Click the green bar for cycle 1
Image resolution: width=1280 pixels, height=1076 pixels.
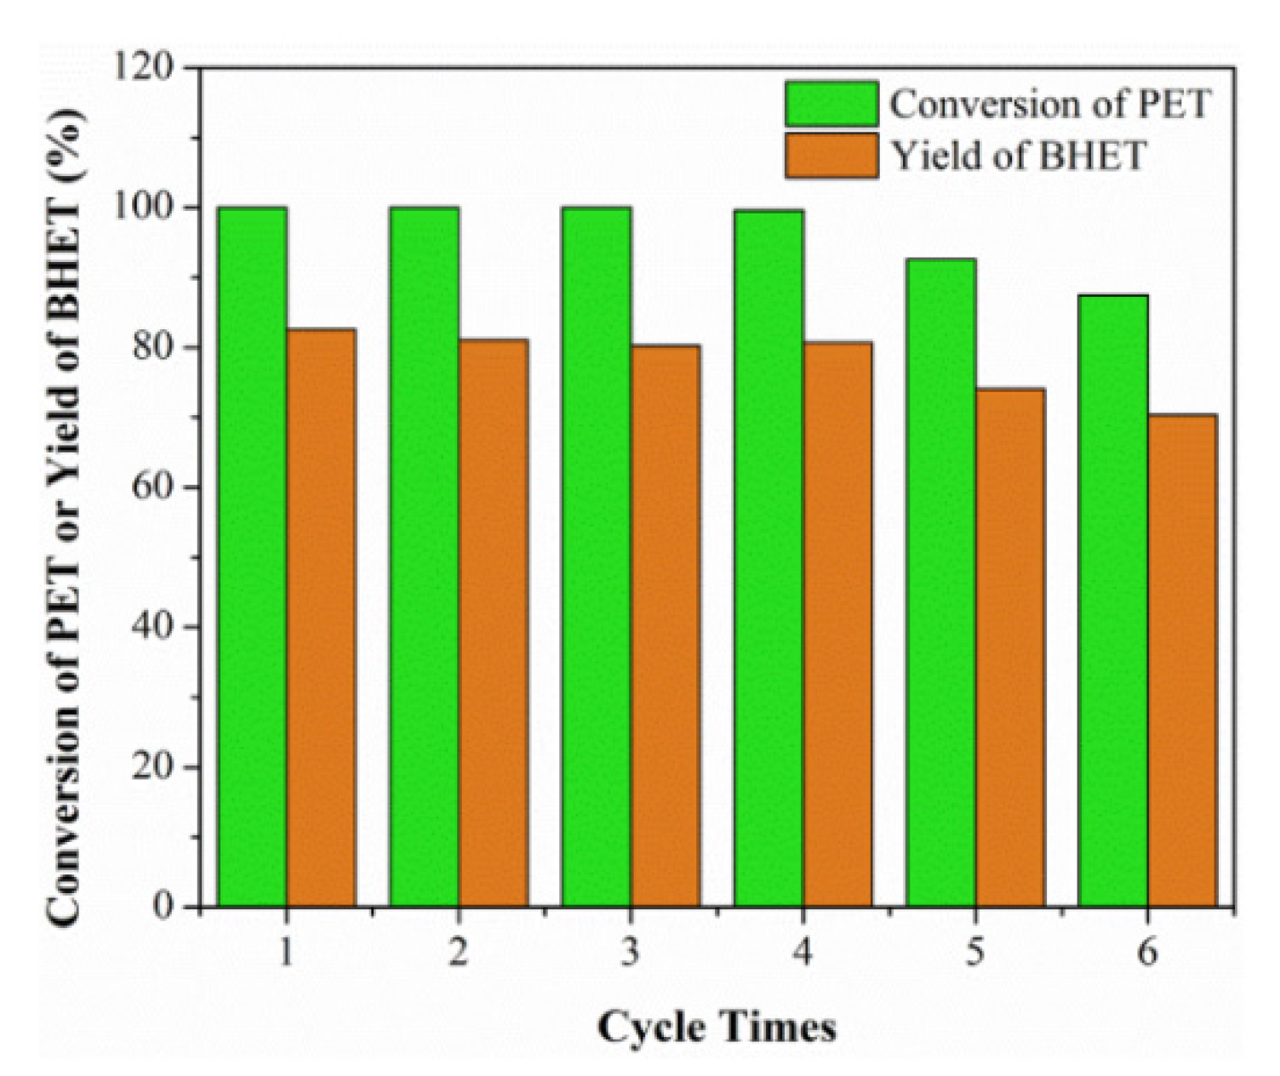pyautogui.click(x=252, y=557)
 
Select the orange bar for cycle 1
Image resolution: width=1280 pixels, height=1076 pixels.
pyautogui.click(x=321, y=618)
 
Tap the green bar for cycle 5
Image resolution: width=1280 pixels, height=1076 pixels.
pyautogui.click(x=940, y=583)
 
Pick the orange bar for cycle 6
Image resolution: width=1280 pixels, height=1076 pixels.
pyautogui.click(x=1182, y=660)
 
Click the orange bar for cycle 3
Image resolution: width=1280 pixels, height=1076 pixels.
pyautogui.click(x=666, y=625)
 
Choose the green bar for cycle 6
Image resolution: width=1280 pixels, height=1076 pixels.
pyautogui.click(x=1113, y=601)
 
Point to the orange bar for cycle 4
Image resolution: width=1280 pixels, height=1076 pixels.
pyautogui.click(x=837, y=623)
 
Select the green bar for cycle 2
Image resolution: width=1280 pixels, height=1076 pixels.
pyautogui.click(x=425, y=557)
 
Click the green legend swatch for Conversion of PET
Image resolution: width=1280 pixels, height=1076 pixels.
pyautogui.click(x=831, y=104)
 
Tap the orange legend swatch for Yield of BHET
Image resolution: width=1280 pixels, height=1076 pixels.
pyautogui.click(x=831, y=156)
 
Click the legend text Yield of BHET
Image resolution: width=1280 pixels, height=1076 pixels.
pyautogui.click(x=1018, y=156)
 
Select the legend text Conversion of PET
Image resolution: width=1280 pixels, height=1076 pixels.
pyautogui.click(x=1049, y=104)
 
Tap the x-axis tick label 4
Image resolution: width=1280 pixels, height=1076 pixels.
pyautogui.click(x=803, y=953)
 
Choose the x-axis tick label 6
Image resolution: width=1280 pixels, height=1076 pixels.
pyautogui.click(x=1147, y=953)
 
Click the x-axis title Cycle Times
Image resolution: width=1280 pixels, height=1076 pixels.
pyautogui.click(x=717, y=1028)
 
